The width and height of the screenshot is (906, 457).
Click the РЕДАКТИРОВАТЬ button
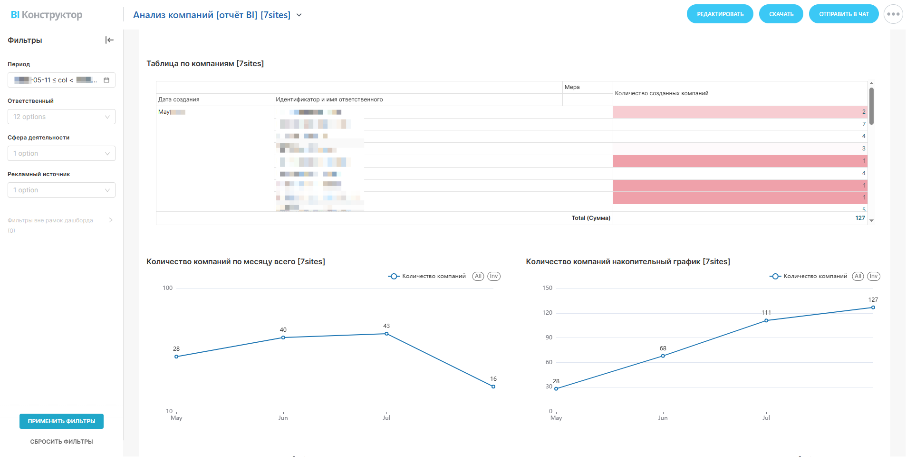click(x=720, y=14)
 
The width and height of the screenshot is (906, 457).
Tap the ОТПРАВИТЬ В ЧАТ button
click(x=843, y=14)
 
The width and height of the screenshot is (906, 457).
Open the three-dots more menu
click(x=893, y=14)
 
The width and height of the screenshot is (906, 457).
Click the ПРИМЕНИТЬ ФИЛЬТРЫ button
click(x=61, y=421)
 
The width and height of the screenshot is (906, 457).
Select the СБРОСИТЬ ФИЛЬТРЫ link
click(x=61, y=442)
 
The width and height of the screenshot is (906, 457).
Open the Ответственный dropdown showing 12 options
click(x=61, y=117)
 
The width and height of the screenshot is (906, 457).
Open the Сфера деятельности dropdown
click(x=61, y=153)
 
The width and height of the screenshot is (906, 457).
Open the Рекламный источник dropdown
click(x=61, y=190)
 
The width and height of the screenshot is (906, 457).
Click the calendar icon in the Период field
click(x=106, y=80)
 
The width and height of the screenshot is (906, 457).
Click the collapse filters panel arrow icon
click(x=109, y=40)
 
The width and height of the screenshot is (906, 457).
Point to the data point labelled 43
click(x=386, y=334)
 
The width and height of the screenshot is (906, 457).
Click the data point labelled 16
click(x=493, y=387)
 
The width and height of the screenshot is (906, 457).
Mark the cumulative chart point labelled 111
click(x=766, y=320)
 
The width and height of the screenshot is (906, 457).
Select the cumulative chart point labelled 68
click(x=663, y=356)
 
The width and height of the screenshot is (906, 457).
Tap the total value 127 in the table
click(x=860, y=218)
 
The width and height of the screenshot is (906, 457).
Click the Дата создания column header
click(x=179, y=99)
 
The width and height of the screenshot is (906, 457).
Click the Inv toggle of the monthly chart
click(x=494, y=276)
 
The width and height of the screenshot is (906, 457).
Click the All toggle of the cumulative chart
click(x=858, y=276)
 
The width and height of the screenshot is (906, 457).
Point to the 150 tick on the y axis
click(x=548, y=288)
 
